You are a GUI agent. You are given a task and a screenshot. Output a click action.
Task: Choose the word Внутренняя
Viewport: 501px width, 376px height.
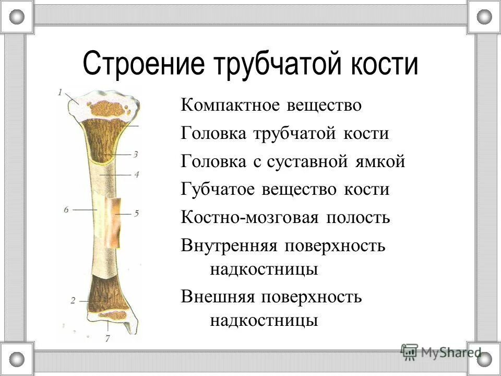click(228, 245)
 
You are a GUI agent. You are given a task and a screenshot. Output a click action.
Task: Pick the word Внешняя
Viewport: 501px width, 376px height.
click(218, 297)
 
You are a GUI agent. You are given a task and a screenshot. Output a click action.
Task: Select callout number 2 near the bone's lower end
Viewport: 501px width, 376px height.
click(73, 300)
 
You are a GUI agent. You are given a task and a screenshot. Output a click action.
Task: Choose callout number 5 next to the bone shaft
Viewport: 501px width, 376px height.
click(136, 213)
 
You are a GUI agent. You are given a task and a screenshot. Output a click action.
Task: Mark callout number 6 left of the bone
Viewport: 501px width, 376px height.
click(66, 209)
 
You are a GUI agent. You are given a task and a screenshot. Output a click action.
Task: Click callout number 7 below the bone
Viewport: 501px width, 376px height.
click(108, 338)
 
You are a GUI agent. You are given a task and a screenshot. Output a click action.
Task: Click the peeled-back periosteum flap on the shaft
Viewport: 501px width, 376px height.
click(114, 222)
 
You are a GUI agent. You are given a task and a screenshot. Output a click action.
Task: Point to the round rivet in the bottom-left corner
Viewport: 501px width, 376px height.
click(17, 359)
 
